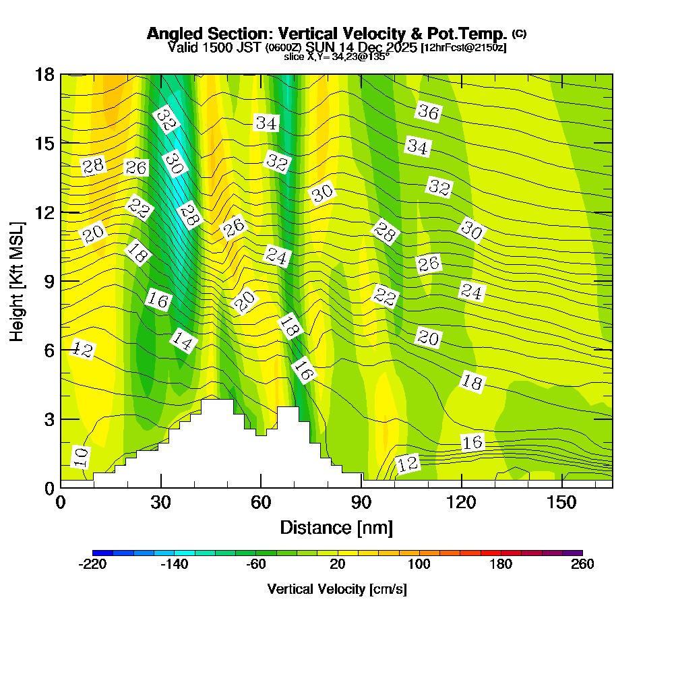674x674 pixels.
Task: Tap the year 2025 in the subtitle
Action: [x=396, y=47]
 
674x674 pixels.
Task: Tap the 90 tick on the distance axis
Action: [x=361, y=503]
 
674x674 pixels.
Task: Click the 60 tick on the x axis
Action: [x=261, y=503]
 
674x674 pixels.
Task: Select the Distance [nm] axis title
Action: [x=336, y=527]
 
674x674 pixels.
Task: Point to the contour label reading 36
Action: [x=428, y=112]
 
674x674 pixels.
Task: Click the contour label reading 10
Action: [x=80, y=457]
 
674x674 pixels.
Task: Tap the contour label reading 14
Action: [x=182, y=341]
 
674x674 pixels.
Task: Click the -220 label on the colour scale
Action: [x=93, y=565]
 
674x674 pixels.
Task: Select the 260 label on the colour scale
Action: [x=582, y=565]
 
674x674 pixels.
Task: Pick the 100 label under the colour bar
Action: [x=419, y=565]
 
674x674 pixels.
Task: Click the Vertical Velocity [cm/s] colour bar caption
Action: [x=337, y=589]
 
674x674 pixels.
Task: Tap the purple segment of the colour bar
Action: [x=572, y=553]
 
